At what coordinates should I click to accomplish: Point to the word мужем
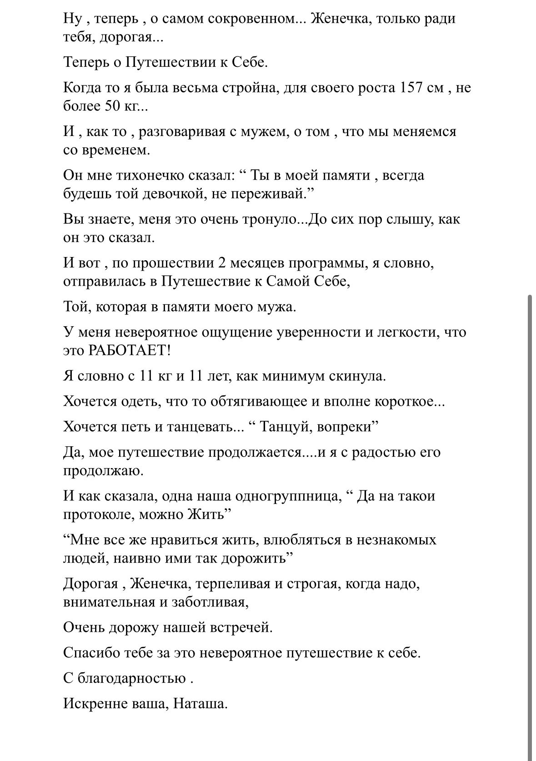click(x=262, y=131)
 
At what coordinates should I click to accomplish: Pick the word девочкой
click(x=172, y=194)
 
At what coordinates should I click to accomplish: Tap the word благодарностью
click(x=132, y=679)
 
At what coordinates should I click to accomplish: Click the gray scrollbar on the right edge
click(x=529, y=523)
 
